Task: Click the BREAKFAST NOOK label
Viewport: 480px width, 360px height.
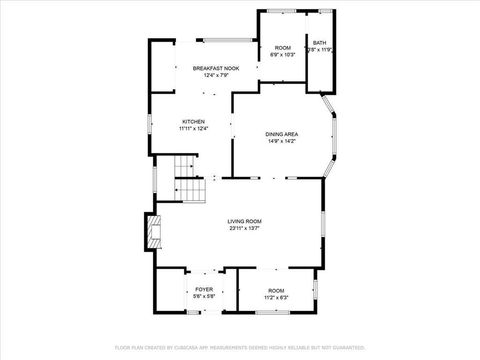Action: click(x=216, y=68)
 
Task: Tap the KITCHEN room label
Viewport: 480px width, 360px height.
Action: click(x=194, y=121)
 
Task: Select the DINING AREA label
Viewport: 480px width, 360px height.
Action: click(x=282, y=134)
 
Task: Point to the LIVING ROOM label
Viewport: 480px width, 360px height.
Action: click(x=244, y=221)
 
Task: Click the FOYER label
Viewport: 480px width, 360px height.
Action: click(x=204, y=289)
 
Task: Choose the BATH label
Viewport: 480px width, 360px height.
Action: click(x=320, y=43)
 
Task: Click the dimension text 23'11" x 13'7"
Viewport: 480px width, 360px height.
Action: click(x=244, y=228)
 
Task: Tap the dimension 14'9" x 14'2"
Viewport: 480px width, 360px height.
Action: click(x=282, y=141)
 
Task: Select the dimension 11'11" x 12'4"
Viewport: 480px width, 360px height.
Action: click(x=194, y=128)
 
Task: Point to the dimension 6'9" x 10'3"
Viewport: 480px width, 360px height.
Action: click(x=283, y=55)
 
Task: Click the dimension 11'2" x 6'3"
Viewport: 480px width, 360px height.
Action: click(x=276, y=297)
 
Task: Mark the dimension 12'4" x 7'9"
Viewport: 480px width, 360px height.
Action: click(x=216, y=75)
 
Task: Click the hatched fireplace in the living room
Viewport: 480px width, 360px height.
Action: click(x=154, y=232)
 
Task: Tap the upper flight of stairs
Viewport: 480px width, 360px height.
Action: click(x=184, y=166)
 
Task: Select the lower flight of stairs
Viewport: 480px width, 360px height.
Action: click(x=190, y=190)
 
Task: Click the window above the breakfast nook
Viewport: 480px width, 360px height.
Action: click(x=228, y=40)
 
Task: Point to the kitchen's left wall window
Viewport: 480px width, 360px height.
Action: click(x=150, y=124)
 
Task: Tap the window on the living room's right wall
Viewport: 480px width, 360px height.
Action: click(x=323, y=224)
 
